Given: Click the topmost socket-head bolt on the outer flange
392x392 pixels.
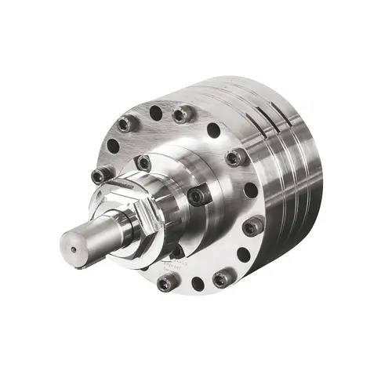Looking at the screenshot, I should pyautogui.click(x=181, y=115).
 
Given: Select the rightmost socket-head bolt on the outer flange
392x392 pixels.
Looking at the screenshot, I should pyautogui.click(x=252, y=227).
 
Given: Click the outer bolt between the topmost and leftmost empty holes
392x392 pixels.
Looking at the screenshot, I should pyautogui.click(x=126, y=124).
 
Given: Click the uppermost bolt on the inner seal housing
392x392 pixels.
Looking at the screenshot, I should pyautogui.click(x=143, y=163).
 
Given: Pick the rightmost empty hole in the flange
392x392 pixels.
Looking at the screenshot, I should pyautogui.click(x=250, y=191).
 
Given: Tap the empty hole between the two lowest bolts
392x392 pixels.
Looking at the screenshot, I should pyautogui.click(x=197, y=283).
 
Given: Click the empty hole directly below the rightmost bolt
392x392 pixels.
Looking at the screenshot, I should pyautogui.click(x=243, y=254).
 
